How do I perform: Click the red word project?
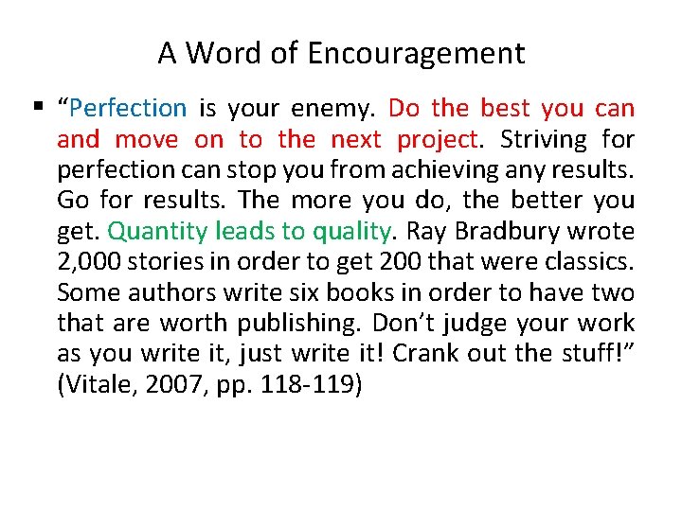[437, 140]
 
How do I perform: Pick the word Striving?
[544, 140]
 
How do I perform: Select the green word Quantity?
[156, 232]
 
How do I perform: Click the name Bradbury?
[491, 232]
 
